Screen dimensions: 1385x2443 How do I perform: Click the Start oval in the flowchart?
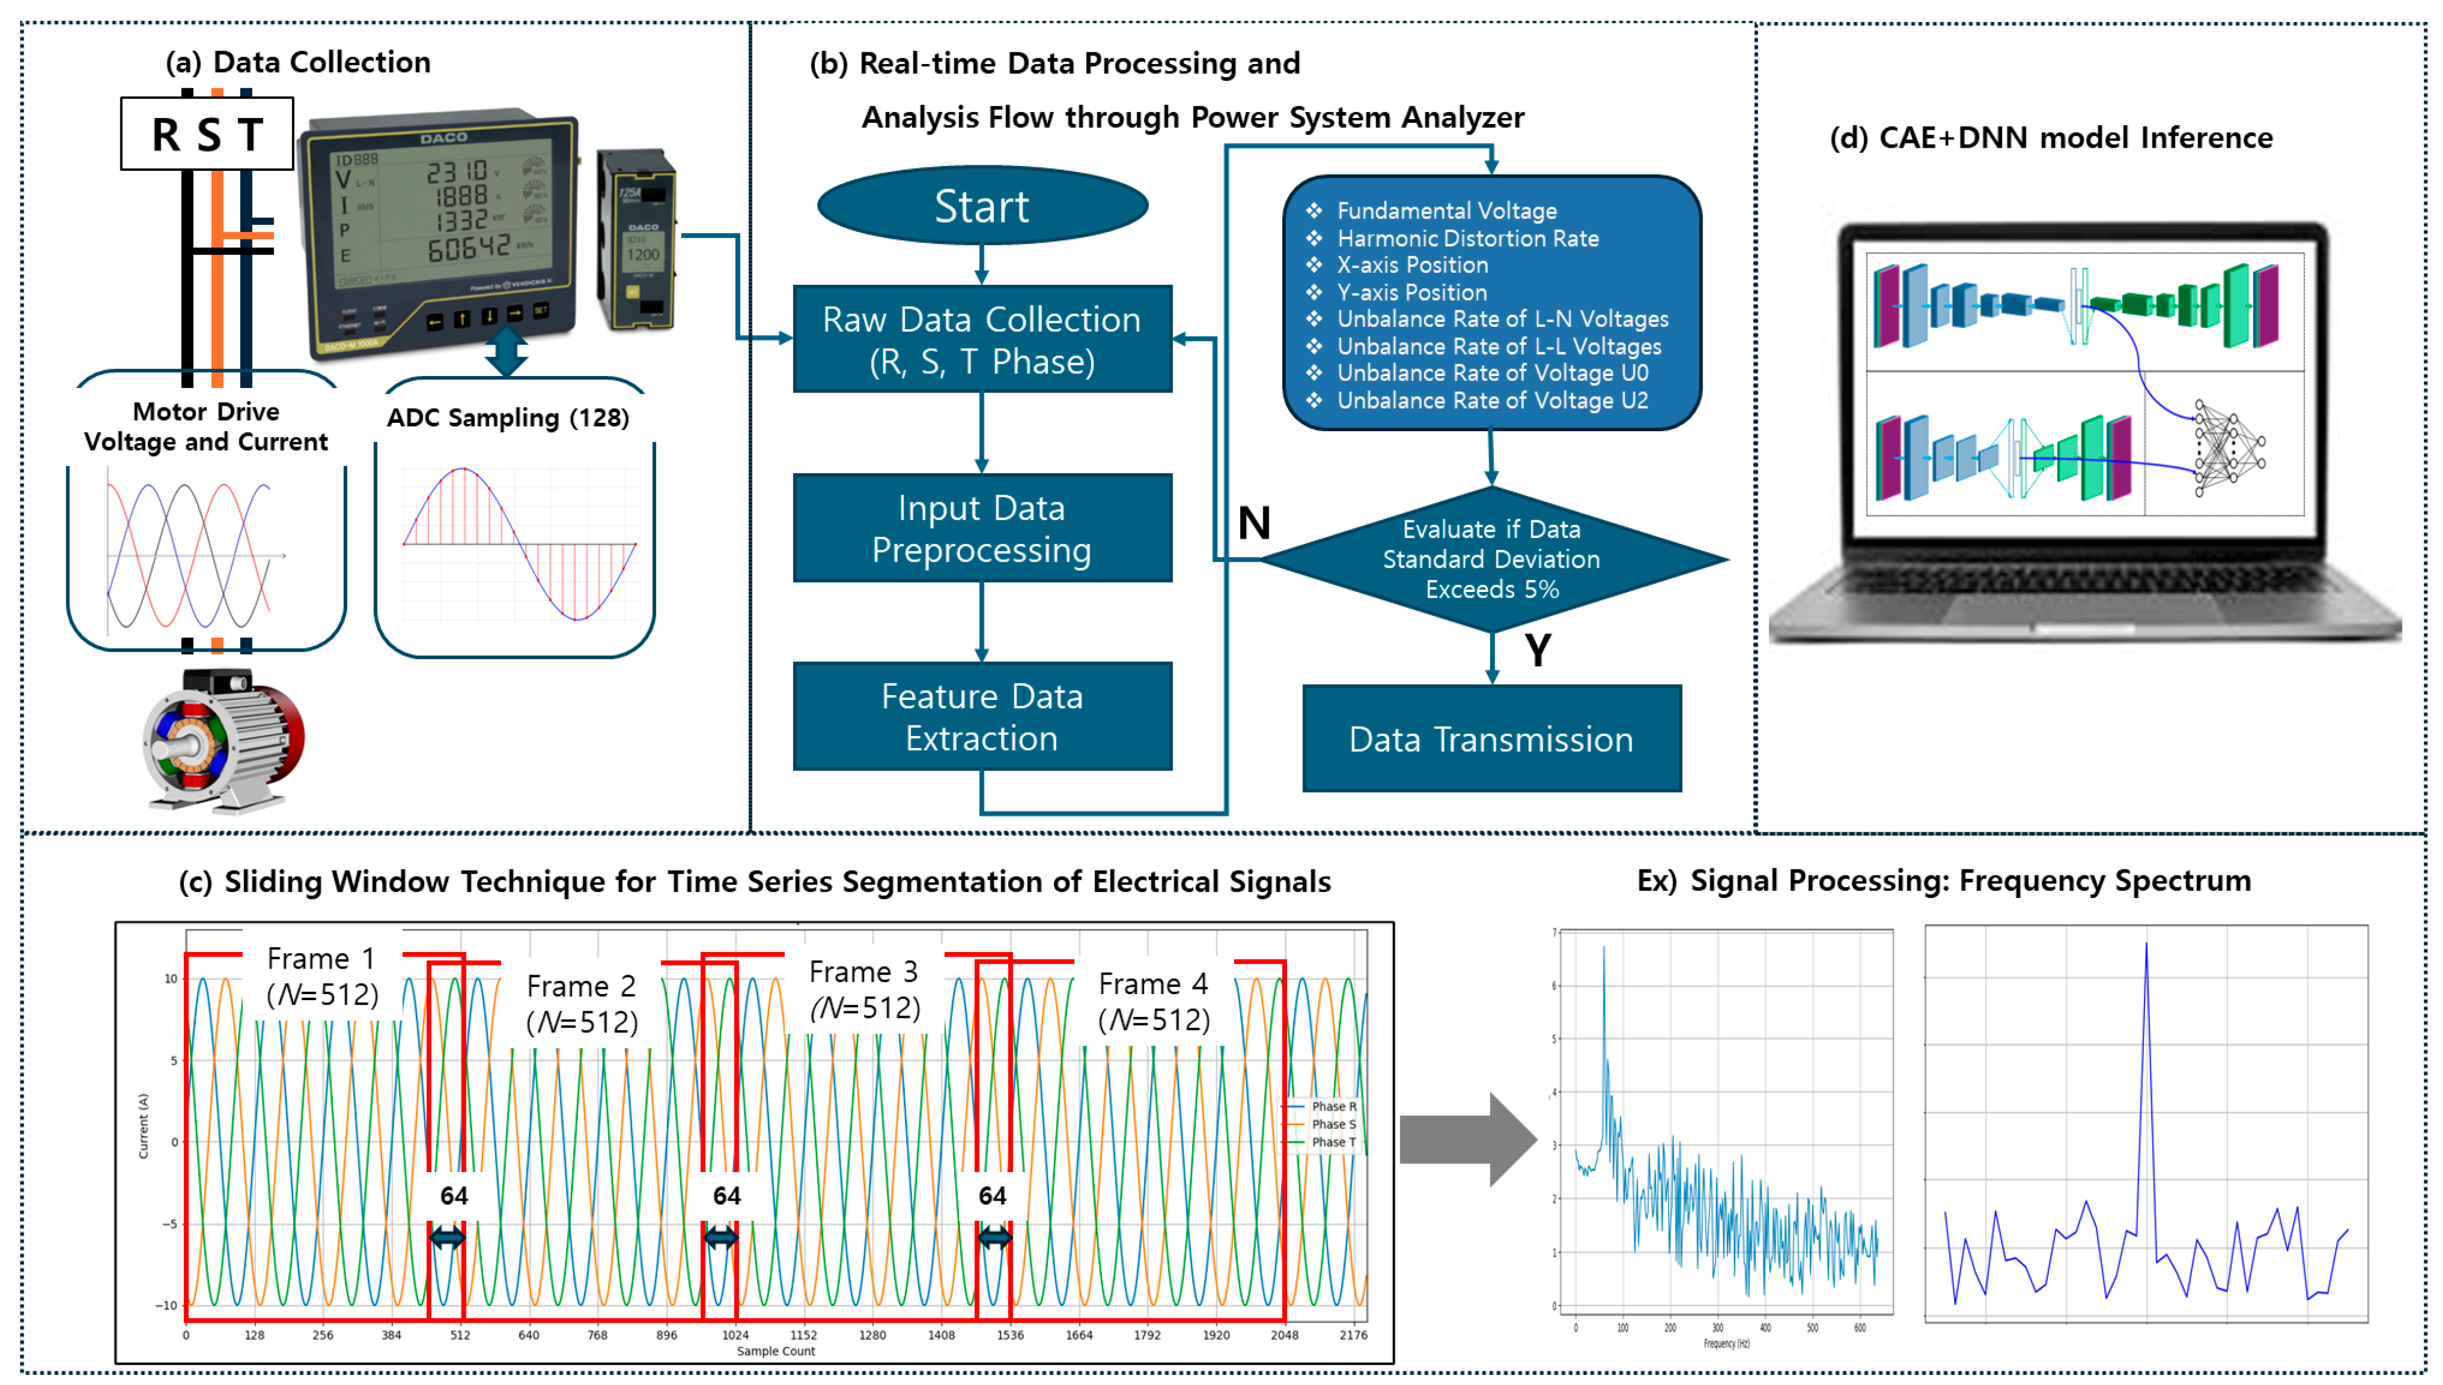coord(981,205)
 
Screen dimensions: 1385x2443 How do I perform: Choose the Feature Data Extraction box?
coord(981,717)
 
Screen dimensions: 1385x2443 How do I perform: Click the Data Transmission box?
coord(1490,739)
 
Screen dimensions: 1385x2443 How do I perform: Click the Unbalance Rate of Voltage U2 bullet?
coord(1491,400)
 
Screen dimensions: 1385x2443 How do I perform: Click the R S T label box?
coord(207,134)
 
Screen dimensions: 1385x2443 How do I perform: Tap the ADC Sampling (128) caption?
coord(507,418)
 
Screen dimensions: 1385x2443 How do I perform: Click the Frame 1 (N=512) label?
coord(322,977)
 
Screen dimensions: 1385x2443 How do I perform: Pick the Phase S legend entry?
coord(1332,1125)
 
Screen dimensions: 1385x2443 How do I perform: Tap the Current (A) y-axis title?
coord(144,1125)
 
